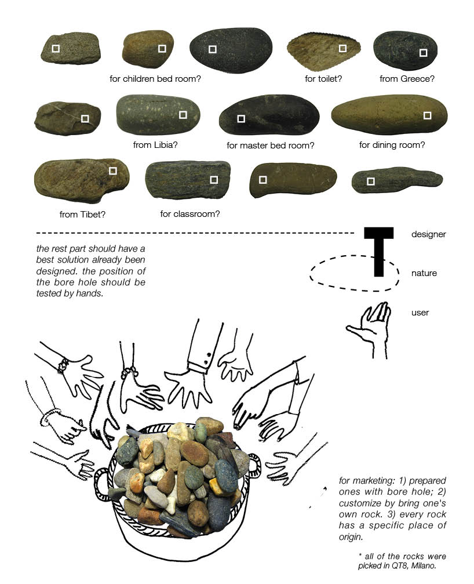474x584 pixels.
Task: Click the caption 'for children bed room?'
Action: tap(155, 78)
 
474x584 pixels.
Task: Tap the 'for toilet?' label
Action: tap(323, 78)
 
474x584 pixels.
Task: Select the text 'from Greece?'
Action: tap(407, 78)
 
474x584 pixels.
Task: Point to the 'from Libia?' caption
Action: tap(155, 145)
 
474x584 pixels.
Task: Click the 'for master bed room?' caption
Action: tap(270, 146)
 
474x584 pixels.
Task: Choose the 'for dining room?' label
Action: tap(392, 145)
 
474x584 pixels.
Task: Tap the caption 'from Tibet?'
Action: tap(82, 215)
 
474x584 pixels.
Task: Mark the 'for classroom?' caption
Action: tap(190, 214)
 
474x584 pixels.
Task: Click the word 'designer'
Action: tap(428, 234)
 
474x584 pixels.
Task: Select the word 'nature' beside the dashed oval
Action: tap(424, 273)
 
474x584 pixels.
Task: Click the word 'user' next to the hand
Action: tap(420, 313)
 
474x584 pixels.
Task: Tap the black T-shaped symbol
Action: tap(378, 249)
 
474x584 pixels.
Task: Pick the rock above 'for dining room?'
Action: tap(389, 115)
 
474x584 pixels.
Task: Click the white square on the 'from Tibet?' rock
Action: tap(113, 171)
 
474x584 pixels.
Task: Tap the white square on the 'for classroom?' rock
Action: tap(214, 180)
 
